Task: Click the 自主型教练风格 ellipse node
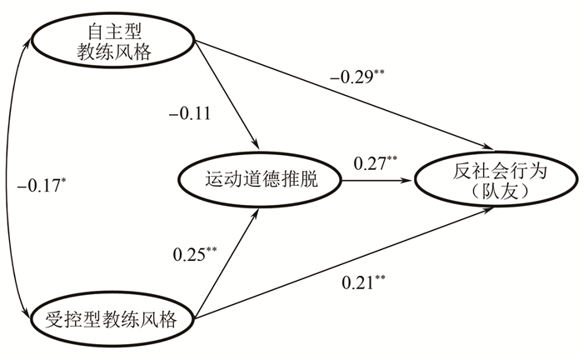point(117,42)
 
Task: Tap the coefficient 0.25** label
point(195,252)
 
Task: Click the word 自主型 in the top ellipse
point(117,31)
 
